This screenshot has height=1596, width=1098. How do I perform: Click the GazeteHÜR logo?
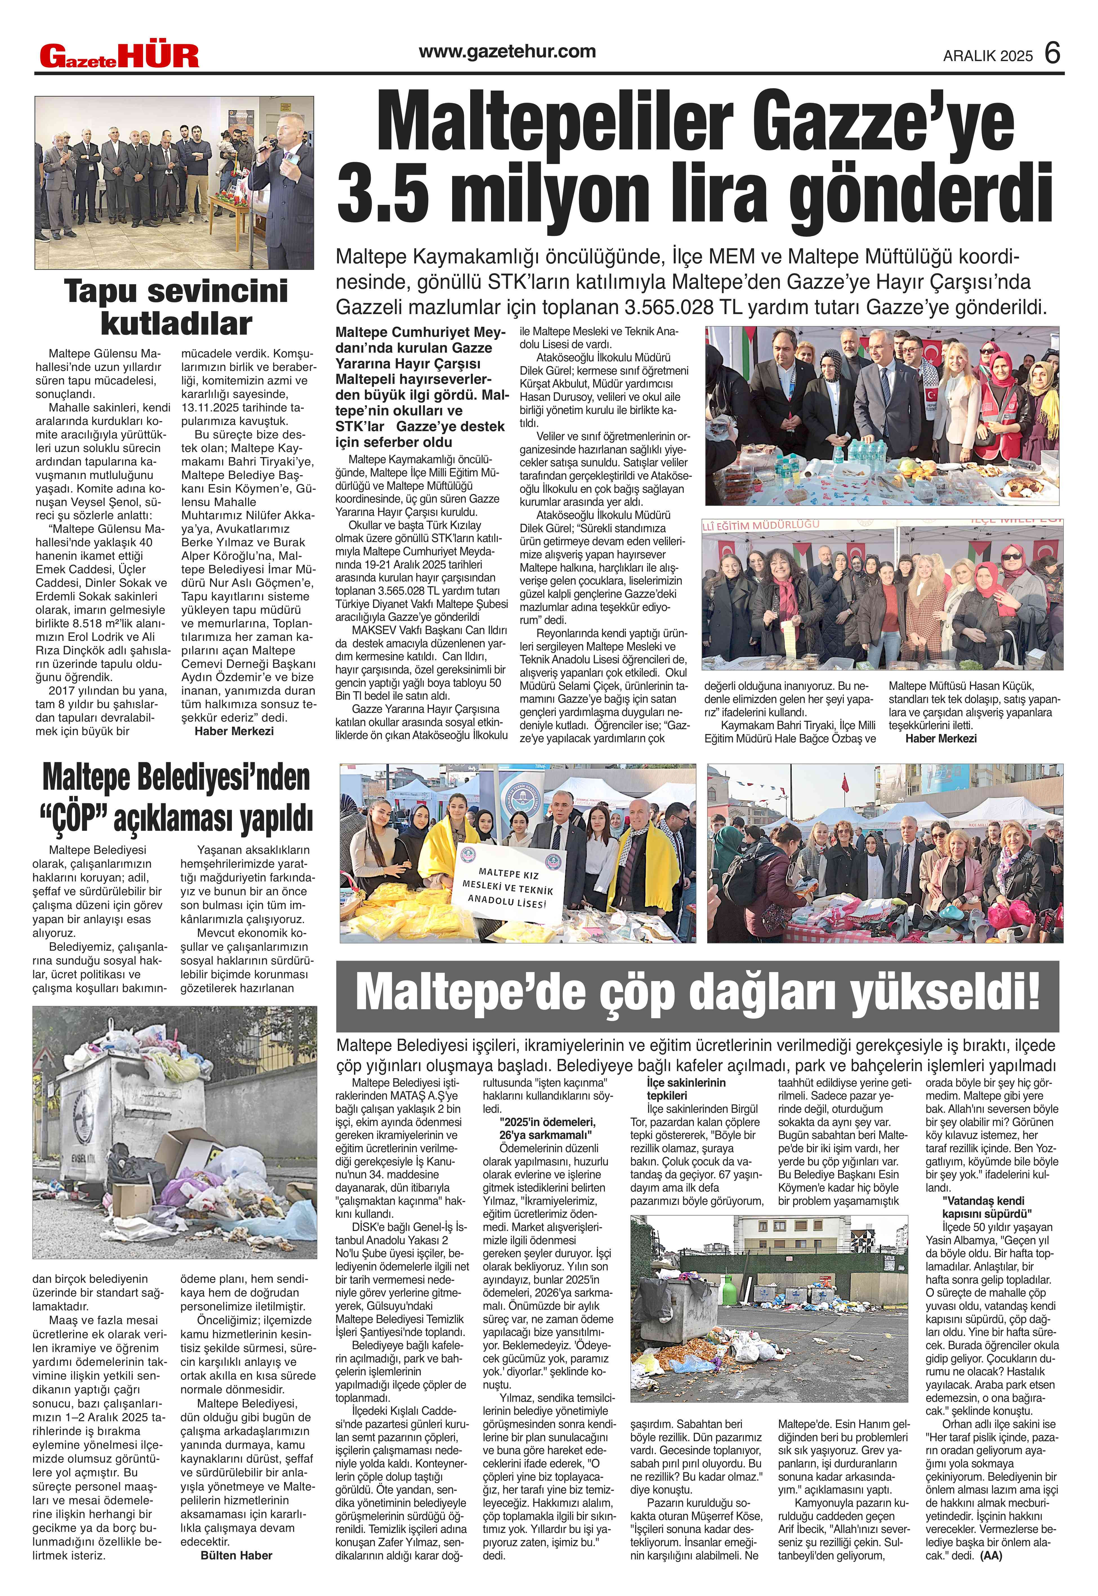coord(118,56)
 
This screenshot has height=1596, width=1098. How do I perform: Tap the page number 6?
coord(1053,54)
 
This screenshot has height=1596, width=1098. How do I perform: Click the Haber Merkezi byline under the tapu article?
coord(233,731)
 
